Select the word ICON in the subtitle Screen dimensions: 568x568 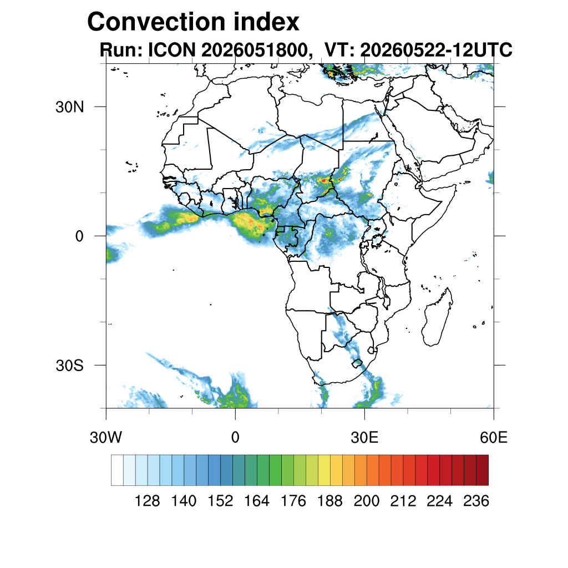tap(172, 49)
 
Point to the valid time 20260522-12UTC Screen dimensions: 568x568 tap(436, 49)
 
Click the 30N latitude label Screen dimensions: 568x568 tap(69, 107)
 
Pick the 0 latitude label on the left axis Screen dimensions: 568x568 tap(79, 236)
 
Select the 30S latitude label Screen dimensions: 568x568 tap(69, 366)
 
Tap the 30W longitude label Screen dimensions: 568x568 tap(106, 438)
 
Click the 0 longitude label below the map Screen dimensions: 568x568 tap(235, 438)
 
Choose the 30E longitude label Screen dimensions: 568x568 tap(364, 438)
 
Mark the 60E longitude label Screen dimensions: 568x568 tap(494, 438)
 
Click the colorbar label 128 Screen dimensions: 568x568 tap(147, 501)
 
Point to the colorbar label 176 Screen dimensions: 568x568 tap(293, 501)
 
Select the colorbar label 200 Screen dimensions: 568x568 tap(367, 501)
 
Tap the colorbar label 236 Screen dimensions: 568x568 tap(476, 501)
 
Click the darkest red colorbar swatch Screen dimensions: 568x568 tap(482, 470)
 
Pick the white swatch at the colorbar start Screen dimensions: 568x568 tap(118, 470)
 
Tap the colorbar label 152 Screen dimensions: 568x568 tap(220, 501)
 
